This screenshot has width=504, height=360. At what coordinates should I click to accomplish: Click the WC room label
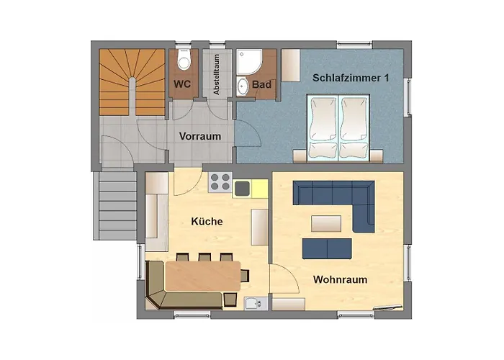click(x=182, y=84)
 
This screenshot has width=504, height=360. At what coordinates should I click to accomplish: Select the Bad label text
click(x=262, y=85)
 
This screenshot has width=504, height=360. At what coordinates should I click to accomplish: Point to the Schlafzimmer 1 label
click(x=351, y=77)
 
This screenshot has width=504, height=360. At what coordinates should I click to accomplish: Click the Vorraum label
click(x=199, y=135)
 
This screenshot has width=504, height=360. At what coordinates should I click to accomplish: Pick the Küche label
click(x=207, y=222)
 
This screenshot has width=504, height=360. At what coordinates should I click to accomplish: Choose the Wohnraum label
click(x=341, y=279)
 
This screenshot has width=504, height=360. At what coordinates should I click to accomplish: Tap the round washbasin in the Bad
click(x=243, y=87)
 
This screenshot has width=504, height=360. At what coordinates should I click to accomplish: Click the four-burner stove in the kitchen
click(x=219, y=183)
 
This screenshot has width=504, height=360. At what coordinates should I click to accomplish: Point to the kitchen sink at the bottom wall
click(x=253, y=303)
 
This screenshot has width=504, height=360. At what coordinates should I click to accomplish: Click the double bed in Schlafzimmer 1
click(x=338, y=127)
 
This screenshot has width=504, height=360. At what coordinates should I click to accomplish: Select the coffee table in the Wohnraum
click(x=326, y=222)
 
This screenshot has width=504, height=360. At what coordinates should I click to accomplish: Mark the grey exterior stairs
click(x=116, y=202)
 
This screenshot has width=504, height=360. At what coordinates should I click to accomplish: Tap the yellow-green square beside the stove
click(x=241, y=189)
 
